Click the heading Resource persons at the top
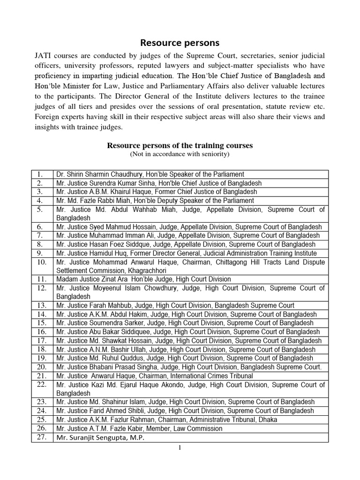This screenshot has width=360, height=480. (x=180, y=43)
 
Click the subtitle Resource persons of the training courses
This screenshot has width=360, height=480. (x=180, y=146)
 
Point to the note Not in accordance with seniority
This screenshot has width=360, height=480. (x=180, y=154)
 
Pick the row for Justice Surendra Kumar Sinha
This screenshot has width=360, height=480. (x=158, y=183)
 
